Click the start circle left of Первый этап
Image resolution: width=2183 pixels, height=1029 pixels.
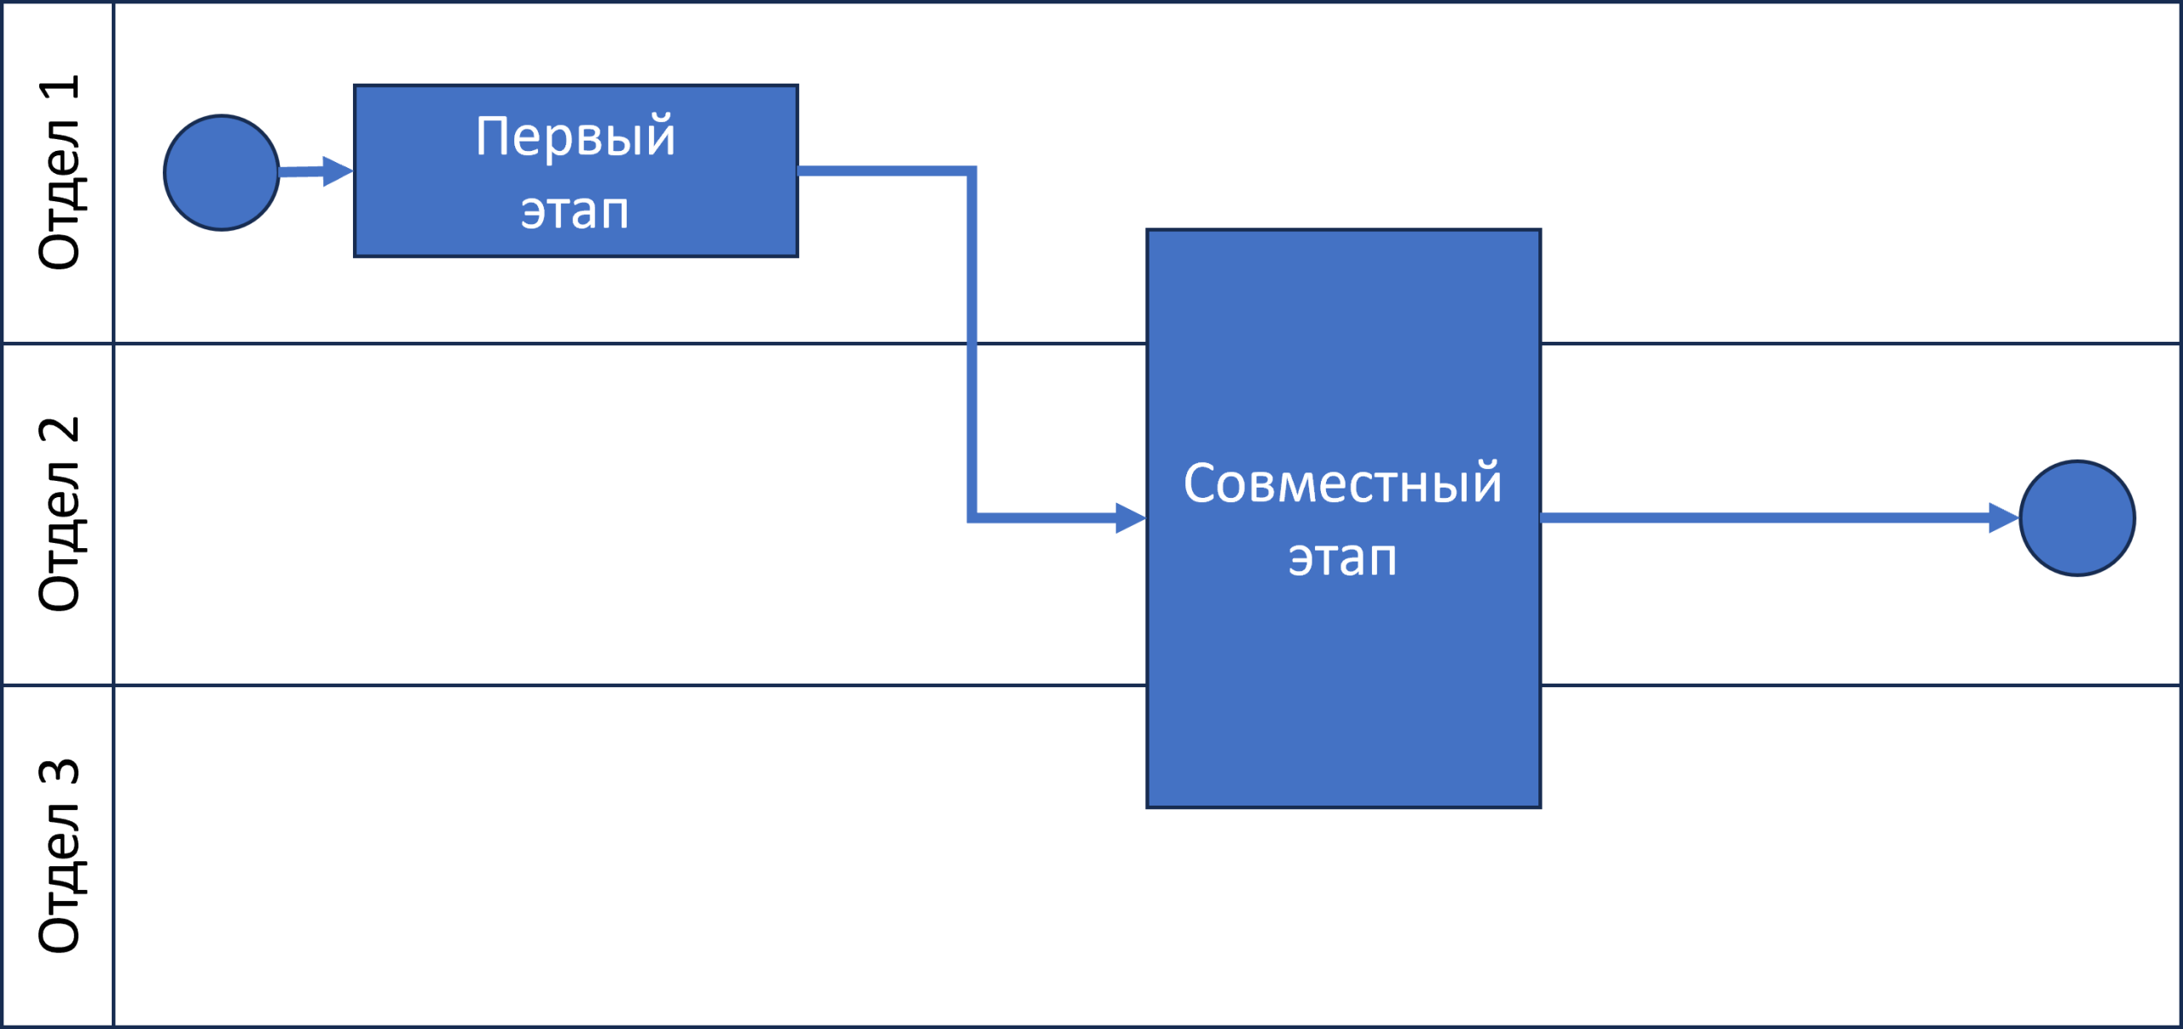(x=221, y=173)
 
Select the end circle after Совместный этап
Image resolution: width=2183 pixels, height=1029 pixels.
(x=2077, y=518)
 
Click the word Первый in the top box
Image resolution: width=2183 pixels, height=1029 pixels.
(x=576, y=136)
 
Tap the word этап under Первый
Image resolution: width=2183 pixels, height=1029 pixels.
(x=575, y=211)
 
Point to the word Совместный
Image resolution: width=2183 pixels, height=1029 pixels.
(x=1342, y=483)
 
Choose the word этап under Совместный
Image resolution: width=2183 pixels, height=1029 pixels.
(x=1342, y=558)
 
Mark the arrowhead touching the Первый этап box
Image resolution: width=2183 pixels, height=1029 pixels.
(x=339, y=171)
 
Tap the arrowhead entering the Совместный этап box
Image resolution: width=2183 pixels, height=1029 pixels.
(x=1131, y=518)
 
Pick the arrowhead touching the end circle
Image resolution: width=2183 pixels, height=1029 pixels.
(x=2003, y=518)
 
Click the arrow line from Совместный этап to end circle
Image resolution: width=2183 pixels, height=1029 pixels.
(x=1765, y=518)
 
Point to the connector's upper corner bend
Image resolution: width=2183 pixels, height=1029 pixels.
(x=972, y=171)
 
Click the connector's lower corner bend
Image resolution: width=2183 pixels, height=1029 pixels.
(x=972, y=518)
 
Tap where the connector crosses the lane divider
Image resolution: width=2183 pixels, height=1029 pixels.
(x=972, y=344)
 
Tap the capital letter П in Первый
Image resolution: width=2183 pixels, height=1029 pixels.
(x=494, y=136)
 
